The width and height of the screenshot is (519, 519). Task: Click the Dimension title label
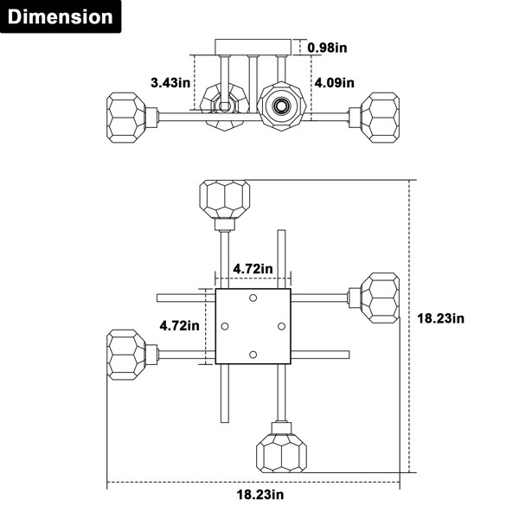click(x=61, y=16)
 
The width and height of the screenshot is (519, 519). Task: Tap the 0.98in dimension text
click(x=327, y=48)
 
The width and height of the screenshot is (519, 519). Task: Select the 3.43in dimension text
click(x=170, y=82)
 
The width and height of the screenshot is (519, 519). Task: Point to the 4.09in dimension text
click(x=334, y=82)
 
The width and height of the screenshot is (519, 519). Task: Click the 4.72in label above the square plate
click(x=253, y=269)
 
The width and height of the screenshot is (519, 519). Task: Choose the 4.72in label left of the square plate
click(x=179, y=326)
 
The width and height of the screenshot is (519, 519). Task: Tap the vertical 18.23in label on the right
click(x=440, y=318)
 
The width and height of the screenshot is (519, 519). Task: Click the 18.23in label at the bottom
click(x=260, y=495)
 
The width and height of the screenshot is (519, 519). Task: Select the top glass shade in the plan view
click(x=225, y=199)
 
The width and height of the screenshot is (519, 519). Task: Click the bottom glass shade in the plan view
click(x=281, y=452)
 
